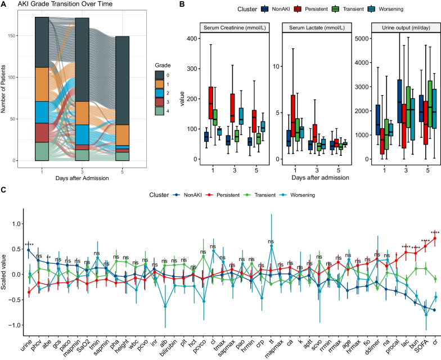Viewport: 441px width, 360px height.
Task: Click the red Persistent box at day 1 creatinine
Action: coord(212,103)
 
